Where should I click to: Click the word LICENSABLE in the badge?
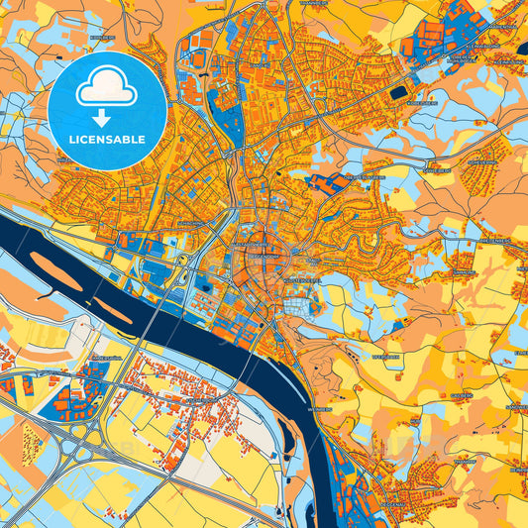[107, 139]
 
